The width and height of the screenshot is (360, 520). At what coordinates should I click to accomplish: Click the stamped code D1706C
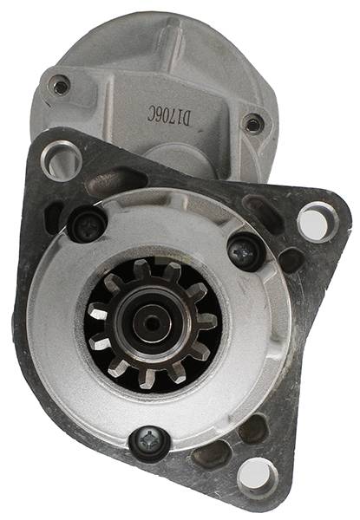point(168,116)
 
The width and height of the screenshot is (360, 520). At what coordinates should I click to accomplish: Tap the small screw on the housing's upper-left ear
point(61,85)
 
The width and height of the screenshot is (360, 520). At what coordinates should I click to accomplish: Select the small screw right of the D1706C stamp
point(253,124)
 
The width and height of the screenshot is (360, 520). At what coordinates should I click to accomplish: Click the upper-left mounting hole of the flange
point(62,161)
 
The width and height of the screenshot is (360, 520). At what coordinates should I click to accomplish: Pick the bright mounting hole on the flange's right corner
point(317,221)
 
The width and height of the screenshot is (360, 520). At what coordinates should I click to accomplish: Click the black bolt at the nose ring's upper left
point(87,224)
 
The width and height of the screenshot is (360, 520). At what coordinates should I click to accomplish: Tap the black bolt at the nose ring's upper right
point(246,252)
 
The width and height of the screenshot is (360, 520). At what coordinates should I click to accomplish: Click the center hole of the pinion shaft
point(151,323)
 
